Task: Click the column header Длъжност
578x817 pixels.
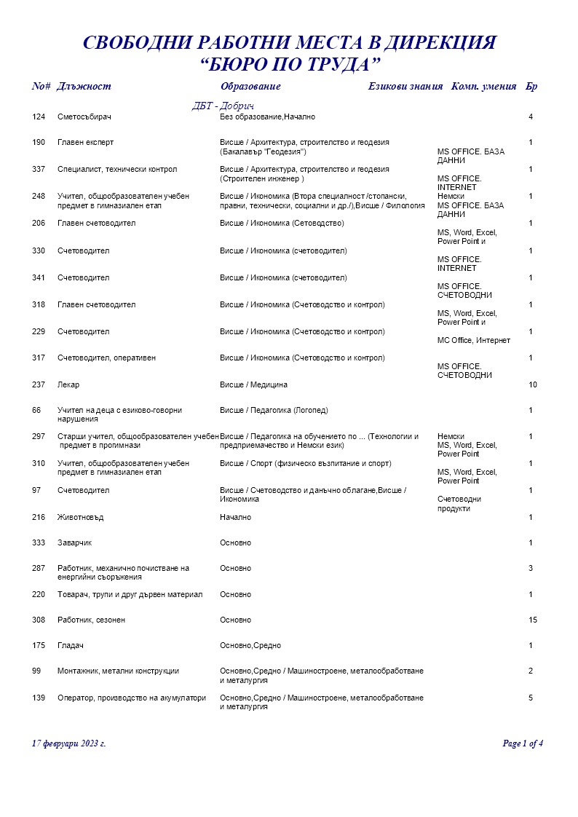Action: coord(84,87)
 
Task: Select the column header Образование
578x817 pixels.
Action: coord(250,87)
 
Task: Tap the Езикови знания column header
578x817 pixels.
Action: coord(405,87)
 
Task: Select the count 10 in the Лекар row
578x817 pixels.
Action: coord(532,384)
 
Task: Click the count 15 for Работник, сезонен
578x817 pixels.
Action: coord(532,620)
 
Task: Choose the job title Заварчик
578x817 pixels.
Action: coord(74,543)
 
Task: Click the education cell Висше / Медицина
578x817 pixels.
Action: coord(253,384)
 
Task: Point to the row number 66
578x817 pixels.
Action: coord(36,411)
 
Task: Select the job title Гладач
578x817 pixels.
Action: coord(71,646)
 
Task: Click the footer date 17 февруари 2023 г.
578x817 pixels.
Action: coord(69,743)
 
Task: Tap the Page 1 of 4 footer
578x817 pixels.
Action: coord(523,743)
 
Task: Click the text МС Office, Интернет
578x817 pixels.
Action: coord(473,341)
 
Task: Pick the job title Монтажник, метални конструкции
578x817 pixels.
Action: coord(118,671)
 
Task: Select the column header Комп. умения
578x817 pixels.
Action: coord(484,87)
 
